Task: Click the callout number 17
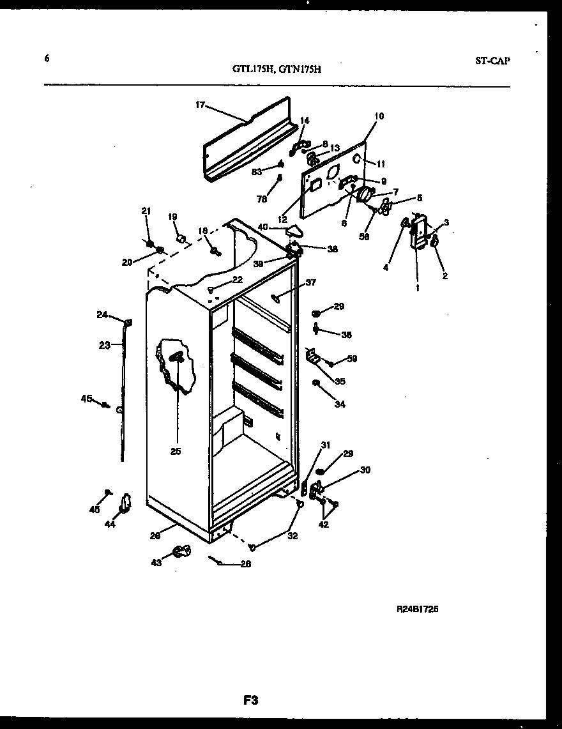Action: point(200,105)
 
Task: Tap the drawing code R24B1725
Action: point(417,609)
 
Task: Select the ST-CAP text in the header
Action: point(492,61)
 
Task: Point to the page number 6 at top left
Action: point(47,58)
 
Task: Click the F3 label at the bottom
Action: point(250,700)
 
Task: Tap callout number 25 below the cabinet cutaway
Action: point(176,451)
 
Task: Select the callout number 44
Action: point(110,524)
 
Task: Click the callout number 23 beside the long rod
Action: point(105,345)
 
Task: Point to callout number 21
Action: point(146,211)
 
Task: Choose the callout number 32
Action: point(292,536)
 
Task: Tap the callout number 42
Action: point(324,525)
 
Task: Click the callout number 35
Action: point(340,382)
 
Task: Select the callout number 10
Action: point(379,116)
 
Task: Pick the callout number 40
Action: point(262,226)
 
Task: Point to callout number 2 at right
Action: point(444,276)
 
